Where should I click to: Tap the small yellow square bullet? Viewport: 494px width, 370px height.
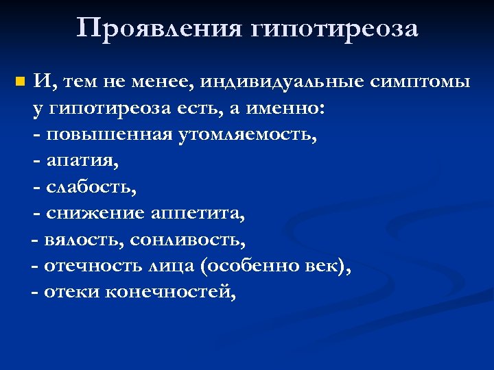[19, 83]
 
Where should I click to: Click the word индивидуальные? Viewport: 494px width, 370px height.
[283, 83]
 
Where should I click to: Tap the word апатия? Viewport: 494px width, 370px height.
[82, 161]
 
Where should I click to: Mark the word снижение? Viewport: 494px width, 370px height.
[95, 213]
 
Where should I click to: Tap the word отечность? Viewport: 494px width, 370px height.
[91, 266]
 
